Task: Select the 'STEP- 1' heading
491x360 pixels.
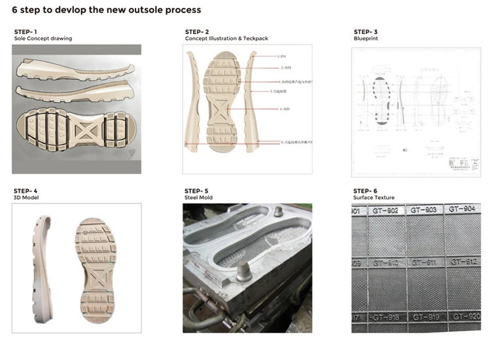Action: click(x=26, y=32)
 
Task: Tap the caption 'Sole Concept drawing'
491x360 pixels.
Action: click(x=43, y=39)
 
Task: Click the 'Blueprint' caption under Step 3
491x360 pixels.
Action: click(x=365, y=39)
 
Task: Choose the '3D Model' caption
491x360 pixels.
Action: click(x=26, y=197)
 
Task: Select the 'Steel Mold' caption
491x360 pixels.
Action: click(x=198, y=197)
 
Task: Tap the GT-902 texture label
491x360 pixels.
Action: click(x=386, y=211)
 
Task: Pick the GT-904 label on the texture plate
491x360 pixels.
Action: click(x=462, y=209)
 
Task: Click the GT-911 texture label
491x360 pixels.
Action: click(x=424, y=262)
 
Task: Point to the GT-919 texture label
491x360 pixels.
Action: click(x=425, y=317)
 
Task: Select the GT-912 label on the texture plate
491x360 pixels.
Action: click(x=462, y=262)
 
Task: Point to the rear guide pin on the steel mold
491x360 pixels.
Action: click(x=278, y=212)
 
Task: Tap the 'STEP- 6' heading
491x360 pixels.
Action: click(x=365, y=190)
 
